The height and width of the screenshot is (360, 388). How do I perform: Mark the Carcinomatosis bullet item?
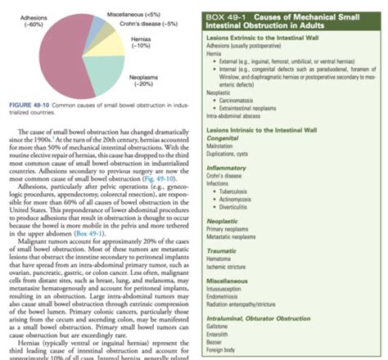click(x=245, y=101)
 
